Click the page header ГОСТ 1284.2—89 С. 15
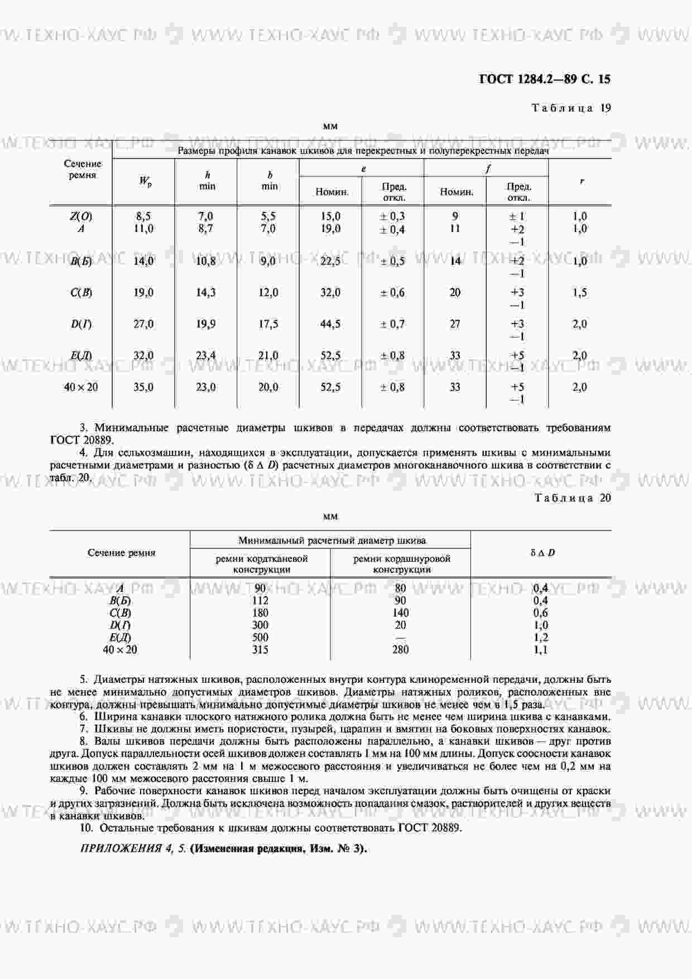coord(545,79)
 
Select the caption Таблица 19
coord(571,108)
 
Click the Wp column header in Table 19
coord(144,181)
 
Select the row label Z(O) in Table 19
coord(81,216)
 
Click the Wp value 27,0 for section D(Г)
coord(143,324)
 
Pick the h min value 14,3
coord(206,292)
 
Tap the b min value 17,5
coord(268,324)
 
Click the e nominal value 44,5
coord(330,324)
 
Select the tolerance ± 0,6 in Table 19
coord(392,292)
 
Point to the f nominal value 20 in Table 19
coord(455,292)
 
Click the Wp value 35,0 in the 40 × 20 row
coord(143,387)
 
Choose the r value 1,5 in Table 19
coord(580,292)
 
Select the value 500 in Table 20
coord(260,637)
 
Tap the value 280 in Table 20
coord(400,649)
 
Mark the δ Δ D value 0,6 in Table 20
coord(541,613)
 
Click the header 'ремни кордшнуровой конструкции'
coord(401,564)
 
